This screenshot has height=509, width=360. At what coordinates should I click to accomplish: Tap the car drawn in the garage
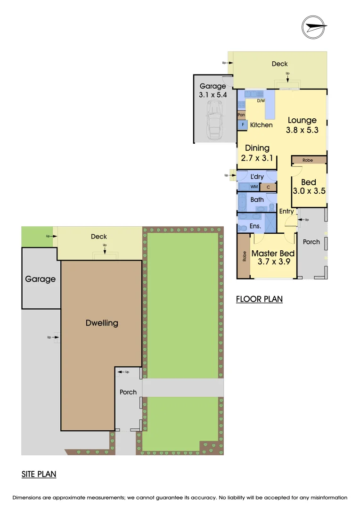213,122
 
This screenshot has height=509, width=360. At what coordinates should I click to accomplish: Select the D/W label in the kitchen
261,100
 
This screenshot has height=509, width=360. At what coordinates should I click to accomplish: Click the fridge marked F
243,125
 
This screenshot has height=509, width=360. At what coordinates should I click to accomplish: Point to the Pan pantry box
241,115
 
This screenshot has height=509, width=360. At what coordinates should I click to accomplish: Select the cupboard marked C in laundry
268,187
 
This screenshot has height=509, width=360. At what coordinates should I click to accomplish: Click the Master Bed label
273,254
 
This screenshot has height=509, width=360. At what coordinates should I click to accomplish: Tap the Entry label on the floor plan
286,211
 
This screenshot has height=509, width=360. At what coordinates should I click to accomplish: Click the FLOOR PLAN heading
259,299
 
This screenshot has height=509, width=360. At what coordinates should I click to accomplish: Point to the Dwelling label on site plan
102,323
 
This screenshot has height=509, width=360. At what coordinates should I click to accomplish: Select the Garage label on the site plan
40,279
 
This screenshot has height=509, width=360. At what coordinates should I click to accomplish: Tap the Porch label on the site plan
128,392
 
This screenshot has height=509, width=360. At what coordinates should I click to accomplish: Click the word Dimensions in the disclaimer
29,497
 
